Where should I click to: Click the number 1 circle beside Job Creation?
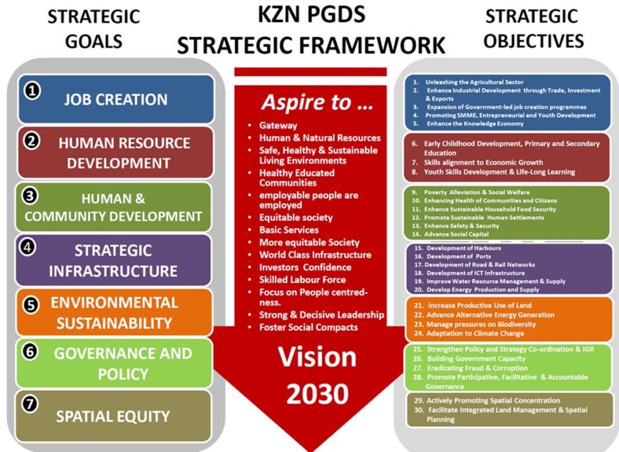point(33,91)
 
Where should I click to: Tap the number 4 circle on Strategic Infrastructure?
point(28,247)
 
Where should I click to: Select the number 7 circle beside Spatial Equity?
point(30,404)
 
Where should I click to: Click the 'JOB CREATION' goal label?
point(115,100)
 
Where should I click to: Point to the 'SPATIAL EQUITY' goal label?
point(113,416)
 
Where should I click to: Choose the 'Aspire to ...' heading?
point(317,102)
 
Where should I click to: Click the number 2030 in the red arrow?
point(317,394)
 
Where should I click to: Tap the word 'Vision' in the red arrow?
point(317,357)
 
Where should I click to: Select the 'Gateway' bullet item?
point(278,126)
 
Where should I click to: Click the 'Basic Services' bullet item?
point(288,230)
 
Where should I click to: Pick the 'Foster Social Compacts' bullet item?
point(308,327)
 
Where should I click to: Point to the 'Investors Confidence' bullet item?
point(305,267)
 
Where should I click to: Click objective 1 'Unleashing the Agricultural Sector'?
point(474,82)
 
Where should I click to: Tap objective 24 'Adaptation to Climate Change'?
point(469,333)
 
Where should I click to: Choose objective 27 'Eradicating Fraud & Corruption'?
point(470,368)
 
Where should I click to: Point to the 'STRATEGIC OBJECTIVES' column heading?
point(533,28)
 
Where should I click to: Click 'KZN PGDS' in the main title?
point(311,15)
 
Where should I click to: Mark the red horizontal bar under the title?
point(310,72)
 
